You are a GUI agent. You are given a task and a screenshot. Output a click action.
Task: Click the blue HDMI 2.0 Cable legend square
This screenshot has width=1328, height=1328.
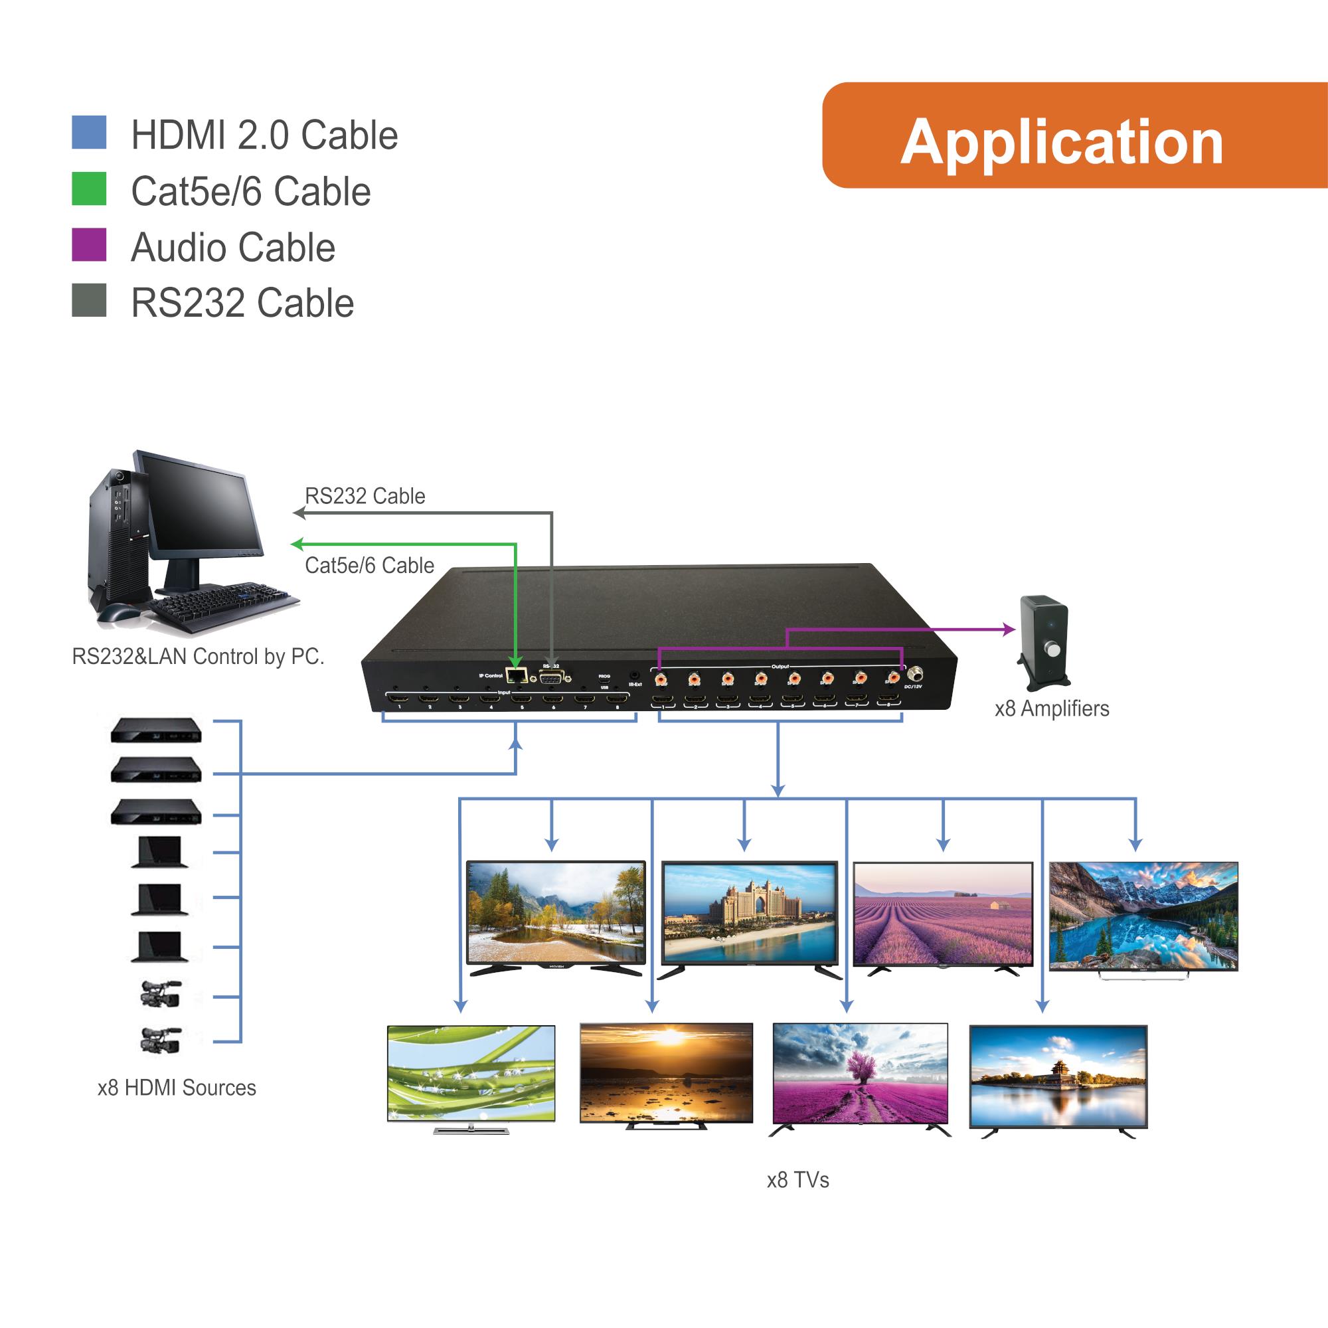(89, 133)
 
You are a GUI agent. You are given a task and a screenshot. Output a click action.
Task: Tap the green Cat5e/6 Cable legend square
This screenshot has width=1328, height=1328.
(89, 189)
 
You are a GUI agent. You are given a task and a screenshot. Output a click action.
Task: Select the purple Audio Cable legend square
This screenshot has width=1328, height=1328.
(89, 245)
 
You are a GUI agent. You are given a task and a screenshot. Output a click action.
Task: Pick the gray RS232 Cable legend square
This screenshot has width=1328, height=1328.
(89, 300)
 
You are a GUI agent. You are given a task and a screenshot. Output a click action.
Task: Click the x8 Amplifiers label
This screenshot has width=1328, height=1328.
(1052, 708)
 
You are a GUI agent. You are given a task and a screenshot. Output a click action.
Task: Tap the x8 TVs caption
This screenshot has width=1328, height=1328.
(797, 1180)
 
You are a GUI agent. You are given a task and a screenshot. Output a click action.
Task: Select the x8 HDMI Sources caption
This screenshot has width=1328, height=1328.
(177, 1088)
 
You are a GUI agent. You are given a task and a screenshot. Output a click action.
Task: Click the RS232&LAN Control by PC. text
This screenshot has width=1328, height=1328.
(198, 657)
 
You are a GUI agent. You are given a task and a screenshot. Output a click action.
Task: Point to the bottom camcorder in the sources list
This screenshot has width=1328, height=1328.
(161, 1040)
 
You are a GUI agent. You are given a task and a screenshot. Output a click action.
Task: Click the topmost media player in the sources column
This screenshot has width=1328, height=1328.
(156, 730)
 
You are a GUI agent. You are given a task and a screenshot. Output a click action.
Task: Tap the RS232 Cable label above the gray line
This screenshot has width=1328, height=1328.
(365, 495)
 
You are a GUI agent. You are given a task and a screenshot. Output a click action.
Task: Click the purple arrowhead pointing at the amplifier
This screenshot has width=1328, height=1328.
(1009, 629)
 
